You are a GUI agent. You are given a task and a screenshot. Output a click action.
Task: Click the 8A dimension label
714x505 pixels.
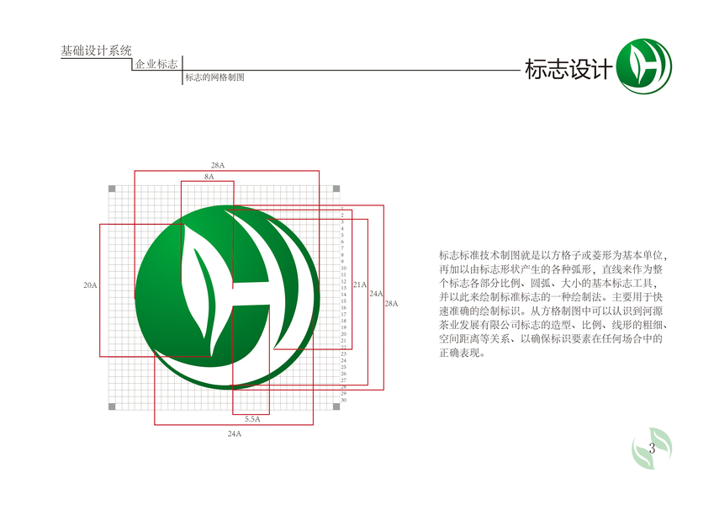209,177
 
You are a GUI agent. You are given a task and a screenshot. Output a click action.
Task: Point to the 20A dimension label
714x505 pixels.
90,285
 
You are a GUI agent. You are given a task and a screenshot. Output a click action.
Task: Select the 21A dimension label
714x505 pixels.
359,284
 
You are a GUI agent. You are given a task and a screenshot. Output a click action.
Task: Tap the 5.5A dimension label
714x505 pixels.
251,418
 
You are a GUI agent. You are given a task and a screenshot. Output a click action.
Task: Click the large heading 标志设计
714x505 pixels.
566,71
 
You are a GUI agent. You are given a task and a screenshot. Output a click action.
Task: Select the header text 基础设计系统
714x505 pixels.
97,51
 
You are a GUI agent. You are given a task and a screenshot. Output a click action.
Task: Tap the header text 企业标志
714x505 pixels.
156,65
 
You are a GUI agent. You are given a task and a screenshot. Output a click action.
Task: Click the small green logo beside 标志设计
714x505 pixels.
644,68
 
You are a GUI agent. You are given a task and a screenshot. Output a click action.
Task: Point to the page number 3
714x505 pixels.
652,448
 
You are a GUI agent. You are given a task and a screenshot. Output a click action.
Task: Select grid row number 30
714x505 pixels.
343,400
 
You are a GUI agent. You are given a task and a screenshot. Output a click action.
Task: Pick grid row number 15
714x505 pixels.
343,301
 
